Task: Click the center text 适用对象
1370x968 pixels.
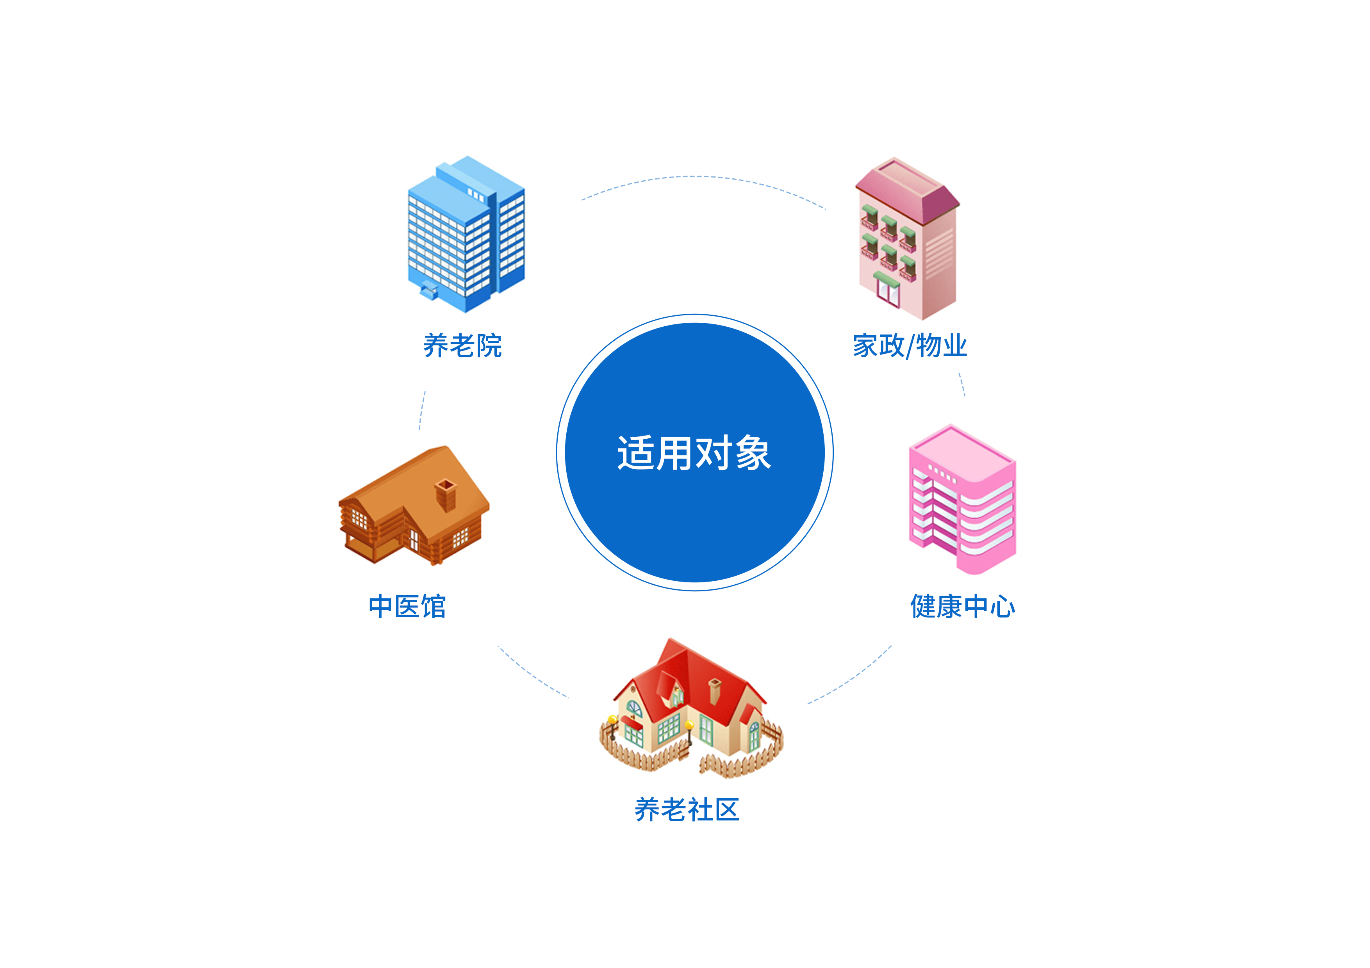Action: [x=694, y=453]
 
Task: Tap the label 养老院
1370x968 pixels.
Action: [x=462, y=346]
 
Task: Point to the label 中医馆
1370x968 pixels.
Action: [x=407, y=607]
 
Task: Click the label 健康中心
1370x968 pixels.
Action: [x=962, y=607]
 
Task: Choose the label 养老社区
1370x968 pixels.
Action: [x=687, y=810]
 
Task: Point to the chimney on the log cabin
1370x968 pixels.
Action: [x=446, y=494]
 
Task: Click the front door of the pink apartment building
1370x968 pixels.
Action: [x=887, y=292]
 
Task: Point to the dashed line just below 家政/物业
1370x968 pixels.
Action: [x=962, y=385]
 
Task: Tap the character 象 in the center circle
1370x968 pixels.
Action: [x=753, y=453]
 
